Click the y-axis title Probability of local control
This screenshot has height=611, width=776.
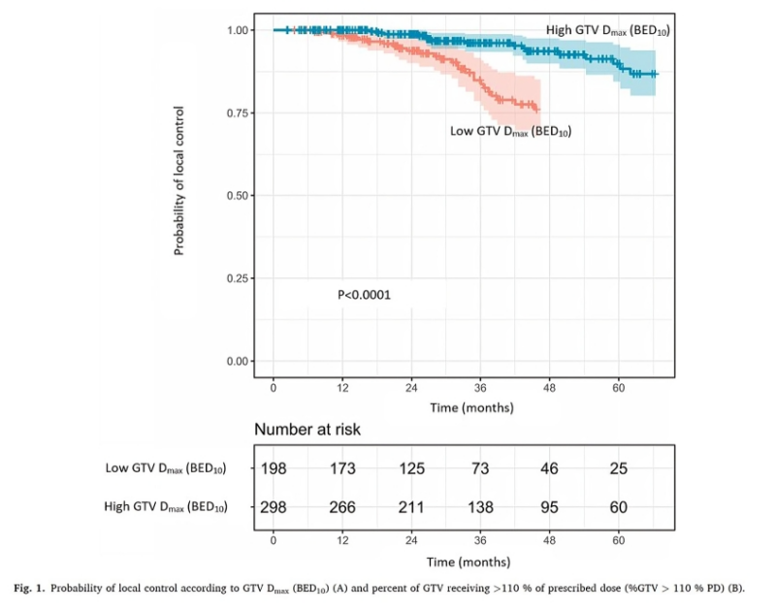(179, 181)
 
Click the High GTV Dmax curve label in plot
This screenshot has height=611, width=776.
(608, 31)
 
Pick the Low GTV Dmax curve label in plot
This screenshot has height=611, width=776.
(510, 131)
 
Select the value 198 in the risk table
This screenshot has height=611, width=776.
(275, 469)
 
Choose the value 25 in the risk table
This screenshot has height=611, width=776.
(619, 469)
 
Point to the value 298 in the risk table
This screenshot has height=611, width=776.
(275, 507)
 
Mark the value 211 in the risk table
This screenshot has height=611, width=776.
(412, 507)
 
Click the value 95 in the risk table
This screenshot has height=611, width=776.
(550, 507)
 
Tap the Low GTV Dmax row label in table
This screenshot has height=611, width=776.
(166, 469)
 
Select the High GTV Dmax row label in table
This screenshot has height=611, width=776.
(165, 507)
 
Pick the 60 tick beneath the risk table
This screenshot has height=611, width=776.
(619, 541)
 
